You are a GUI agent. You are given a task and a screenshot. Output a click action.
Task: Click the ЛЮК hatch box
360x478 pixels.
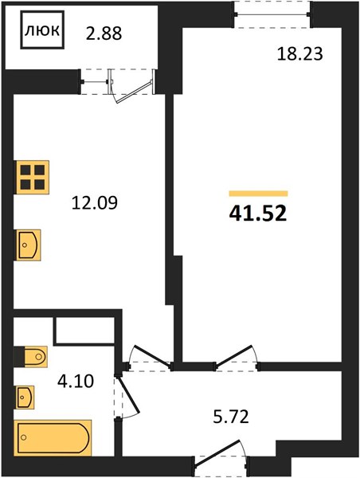point(42,30)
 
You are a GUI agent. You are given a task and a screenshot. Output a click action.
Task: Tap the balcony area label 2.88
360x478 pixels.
point(104,33)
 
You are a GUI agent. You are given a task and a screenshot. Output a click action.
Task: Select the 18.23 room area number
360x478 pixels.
point(300,54)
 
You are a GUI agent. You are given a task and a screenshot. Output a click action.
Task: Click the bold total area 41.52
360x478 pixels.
point(258,213)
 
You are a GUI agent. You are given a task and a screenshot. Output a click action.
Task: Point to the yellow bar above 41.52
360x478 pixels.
point(258,194)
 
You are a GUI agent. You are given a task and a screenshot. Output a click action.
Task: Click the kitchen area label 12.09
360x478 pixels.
point(95,202)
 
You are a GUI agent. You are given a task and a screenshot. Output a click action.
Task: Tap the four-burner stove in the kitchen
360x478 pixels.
point(32,177)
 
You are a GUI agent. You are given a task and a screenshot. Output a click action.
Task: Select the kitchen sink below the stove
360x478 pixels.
point(28,245)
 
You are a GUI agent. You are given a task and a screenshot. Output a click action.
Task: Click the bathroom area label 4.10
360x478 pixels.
point(76,381)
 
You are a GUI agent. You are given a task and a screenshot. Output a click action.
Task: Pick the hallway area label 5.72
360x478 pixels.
point(231,417)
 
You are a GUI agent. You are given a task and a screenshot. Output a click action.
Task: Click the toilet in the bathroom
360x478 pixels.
point(31,356)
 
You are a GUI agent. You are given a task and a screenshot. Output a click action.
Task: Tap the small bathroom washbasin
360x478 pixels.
point(25,397)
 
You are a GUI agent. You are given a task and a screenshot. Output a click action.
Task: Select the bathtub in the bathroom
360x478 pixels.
point(53,437)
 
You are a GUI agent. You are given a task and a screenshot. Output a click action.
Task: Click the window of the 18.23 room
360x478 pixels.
point(272,14)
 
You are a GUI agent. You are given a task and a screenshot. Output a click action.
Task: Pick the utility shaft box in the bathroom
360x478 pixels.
point(84,331)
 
